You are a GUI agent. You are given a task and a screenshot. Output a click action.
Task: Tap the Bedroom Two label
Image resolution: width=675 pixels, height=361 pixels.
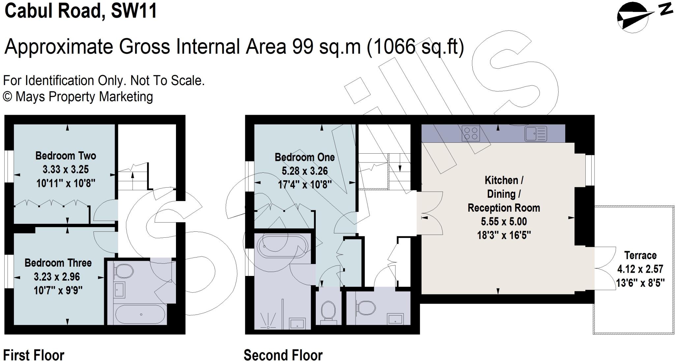pos(66,156)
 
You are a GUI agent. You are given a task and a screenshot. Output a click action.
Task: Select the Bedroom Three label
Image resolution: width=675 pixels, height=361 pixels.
pos(58,263)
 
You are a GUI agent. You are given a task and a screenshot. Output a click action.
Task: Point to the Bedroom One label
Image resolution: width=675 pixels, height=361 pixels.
pos(305,157)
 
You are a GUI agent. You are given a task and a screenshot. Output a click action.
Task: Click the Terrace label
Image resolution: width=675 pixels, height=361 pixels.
pos(640,256)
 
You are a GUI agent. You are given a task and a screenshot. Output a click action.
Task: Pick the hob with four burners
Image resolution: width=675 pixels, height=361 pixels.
pos(471,134)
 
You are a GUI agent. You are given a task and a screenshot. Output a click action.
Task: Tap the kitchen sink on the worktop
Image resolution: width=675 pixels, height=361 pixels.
pos(536,134)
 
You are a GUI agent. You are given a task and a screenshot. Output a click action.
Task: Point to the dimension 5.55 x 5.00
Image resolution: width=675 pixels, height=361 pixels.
pos(504,222)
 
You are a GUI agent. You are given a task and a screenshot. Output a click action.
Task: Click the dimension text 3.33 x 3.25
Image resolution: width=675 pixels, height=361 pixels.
pos(66,169)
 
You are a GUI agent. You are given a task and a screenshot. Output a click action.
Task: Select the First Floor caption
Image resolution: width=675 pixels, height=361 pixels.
pos(33,355)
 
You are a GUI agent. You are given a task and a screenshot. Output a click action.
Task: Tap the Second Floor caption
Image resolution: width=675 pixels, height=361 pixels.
pos(283,355)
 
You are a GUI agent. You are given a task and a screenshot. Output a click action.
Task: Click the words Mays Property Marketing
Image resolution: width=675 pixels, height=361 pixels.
pos(84,97)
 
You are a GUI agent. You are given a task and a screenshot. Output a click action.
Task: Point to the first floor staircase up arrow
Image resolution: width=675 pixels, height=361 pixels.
pos(132,181)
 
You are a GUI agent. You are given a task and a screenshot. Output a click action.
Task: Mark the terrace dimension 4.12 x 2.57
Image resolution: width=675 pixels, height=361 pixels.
pos(640,269)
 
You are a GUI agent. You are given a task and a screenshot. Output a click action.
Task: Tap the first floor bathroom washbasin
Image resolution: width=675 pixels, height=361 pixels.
pos(119,290)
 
